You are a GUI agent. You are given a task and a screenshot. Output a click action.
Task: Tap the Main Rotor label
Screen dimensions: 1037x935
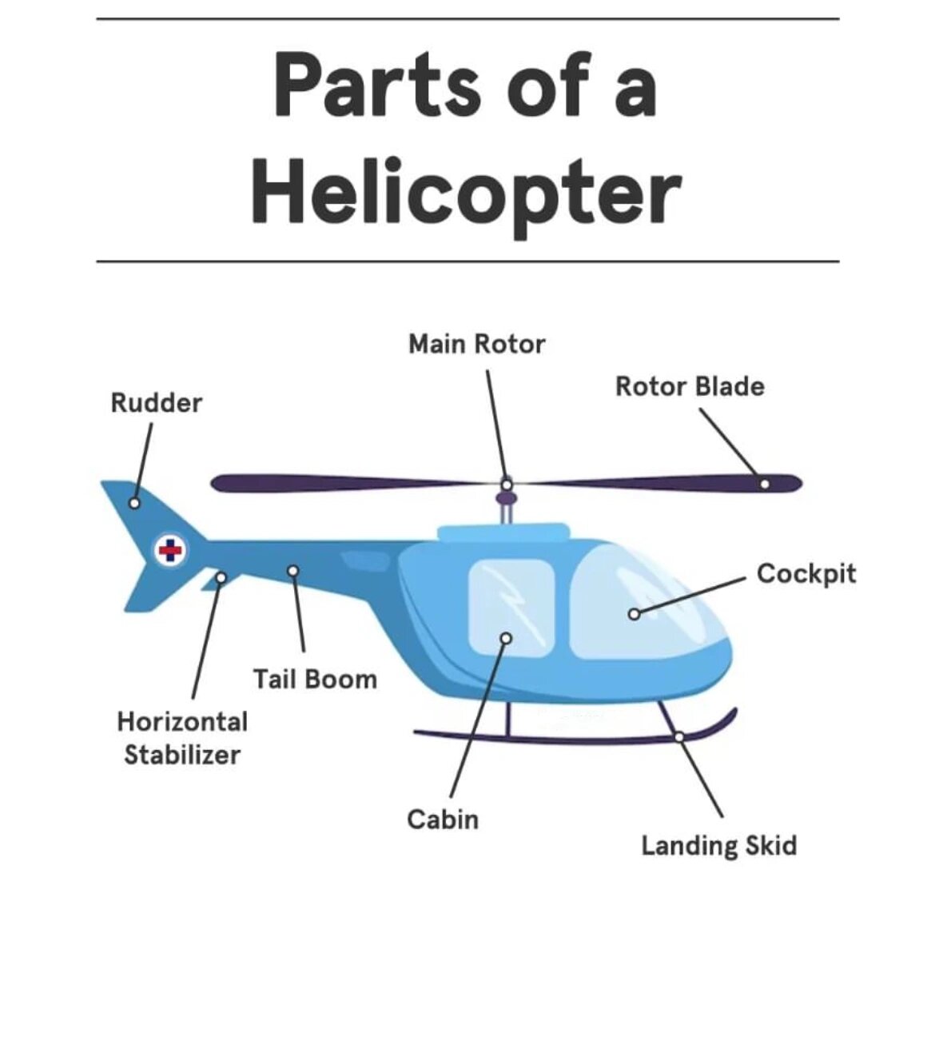(x=476, y=344)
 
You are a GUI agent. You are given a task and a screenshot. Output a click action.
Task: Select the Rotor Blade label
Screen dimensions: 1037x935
(x=689, y=387)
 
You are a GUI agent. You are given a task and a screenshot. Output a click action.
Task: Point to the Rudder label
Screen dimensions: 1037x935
(x=157, y=403)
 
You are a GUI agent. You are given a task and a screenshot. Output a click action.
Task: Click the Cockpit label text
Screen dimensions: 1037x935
(x=806, y=573)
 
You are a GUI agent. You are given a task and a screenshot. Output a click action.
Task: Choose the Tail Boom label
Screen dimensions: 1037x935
(x=315, y=680)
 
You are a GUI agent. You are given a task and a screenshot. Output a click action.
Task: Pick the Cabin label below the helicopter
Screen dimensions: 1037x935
(x=442, y=820)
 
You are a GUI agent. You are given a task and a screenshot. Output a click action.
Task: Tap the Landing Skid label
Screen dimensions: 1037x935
(x=718, y=846)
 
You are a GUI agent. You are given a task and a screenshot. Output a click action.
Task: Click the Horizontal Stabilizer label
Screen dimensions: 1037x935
(x=182, y=738)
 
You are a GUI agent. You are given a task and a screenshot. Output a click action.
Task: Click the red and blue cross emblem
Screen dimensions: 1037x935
(x=169, y=550)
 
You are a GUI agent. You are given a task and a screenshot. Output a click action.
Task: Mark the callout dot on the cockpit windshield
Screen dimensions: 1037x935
(x=633, y=614)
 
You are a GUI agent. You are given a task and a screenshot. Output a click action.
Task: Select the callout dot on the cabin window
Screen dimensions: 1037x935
(x=505, y=638)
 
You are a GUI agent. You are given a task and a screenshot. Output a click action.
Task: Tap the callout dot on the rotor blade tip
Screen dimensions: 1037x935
(x=765, y=484)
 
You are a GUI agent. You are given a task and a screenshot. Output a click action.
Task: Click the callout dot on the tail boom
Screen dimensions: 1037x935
(x=293, y=570)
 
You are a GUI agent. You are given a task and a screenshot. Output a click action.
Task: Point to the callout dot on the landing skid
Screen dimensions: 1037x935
(x=678, y=736)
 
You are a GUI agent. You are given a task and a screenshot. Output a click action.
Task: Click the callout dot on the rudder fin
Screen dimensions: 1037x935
(x=135, y=503)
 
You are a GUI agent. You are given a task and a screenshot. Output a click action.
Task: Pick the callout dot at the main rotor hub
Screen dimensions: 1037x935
(x=507, y=484)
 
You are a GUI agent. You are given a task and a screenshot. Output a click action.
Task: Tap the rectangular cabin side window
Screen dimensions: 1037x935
(x=511, y=608)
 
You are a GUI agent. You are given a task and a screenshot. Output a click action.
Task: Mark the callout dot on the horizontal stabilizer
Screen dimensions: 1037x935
(x=221, y=576)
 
